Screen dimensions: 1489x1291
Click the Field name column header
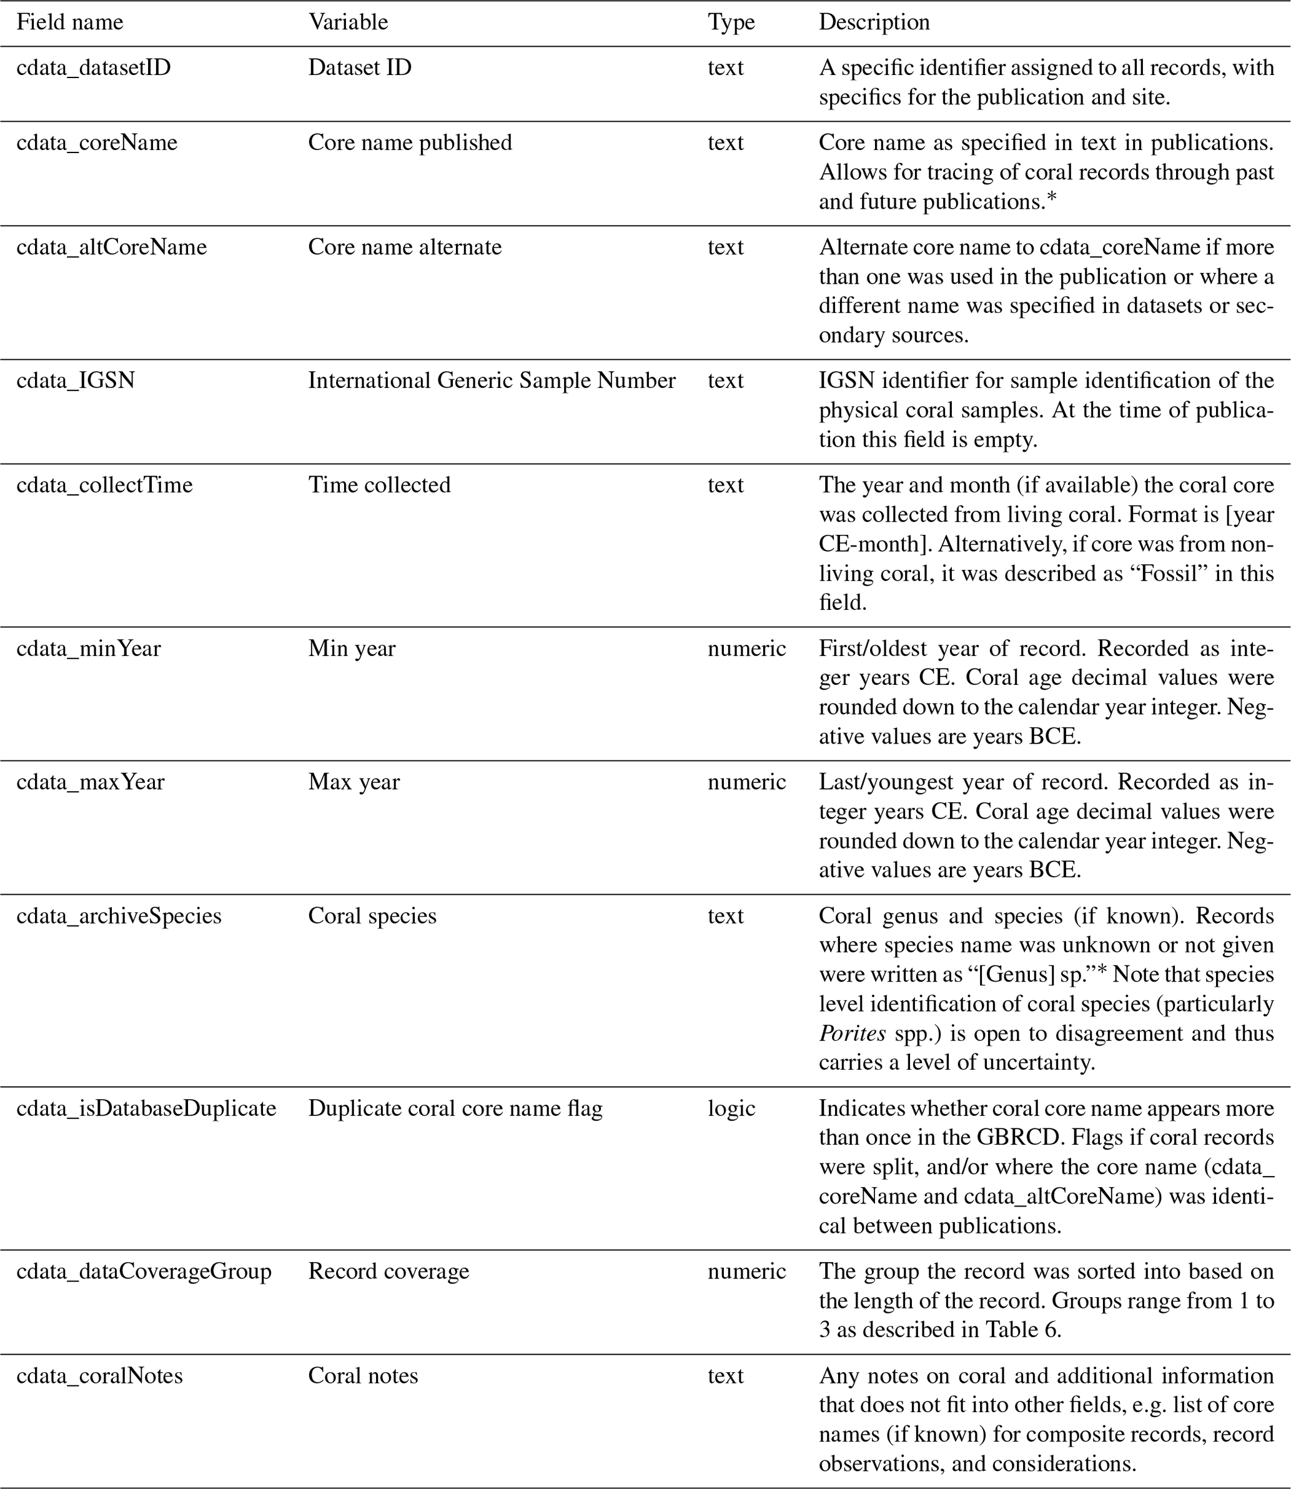tap(70, 22)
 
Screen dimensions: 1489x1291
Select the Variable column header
tap(348, 22)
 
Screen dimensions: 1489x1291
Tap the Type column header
tap(731, 22)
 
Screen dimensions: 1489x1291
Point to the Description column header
tap(874, 22)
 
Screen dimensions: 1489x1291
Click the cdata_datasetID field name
tap(94, 67)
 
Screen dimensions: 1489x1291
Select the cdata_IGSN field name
tap(76, 381)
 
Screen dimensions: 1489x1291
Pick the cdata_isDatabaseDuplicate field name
tap(146, 1108)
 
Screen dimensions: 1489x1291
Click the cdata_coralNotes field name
tap(99, 1375)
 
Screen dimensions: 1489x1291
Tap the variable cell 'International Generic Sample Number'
tap(492, 381)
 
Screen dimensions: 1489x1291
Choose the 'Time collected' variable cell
tap(379, 485)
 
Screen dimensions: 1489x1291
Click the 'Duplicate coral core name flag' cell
tap(455, 1108)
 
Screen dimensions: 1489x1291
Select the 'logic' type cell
tap(731, 1108)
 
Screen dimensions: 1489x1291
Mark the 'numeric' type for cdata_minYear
tap(746, 649)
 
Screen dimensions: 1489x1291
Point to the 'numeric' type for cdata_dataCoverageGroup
tap(746, 1271)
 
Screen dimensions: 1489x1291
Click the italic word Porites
tap(853, 1033)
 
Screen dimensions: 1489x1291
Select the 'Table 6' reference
tap(1023, 1330)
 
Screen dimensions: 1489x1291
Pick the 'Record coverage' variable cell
tap(388, 1271)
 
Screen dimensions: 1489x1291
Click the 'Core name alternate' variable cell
tap(404, 247)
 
